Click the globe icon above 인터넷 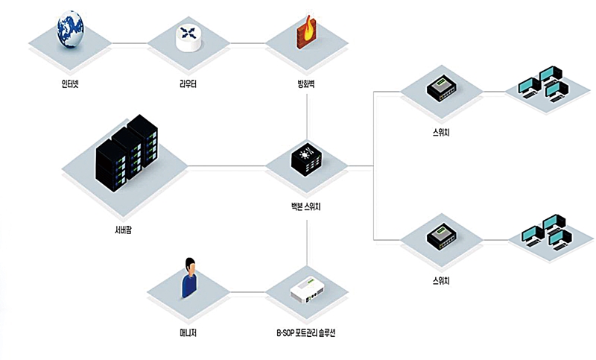pos(70,29)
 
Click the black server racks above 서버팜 pos(127,153)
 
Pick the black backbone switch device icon pos(306,161)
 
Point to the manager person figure pos(189,277)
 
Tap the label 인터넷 pos(70,83)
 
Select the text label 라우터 pos(188,83)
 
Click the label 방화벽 pos(306,83)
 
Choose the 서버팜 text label pos(123,230)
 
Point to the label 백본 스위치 pos(303,206)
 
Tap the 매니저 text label pos(188,333)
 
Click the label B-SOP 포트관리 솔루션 pos(306,333)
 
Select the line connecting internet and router pos(130,43)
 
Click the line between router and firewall pos(247,43)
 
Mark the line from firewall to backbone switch pos(307,116)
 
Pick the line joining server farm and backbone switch pos(226,166)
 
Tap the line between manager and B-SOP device pos(247,292)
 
